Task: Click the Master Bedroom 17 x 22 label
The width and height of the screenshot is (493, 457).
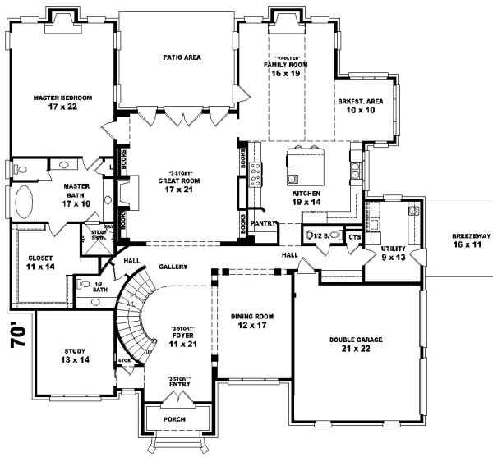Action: (62, 102)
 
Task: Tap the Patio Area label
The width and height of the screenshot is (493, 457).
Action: (182, 57)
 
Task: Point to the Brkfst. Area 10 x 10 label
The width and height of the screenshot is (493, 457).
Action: (361, 105)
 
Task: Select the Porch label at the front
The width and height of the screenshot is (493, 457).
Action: (173, 419)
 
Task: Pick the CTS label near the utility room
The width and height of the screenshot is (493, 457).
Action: (355, 238)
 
